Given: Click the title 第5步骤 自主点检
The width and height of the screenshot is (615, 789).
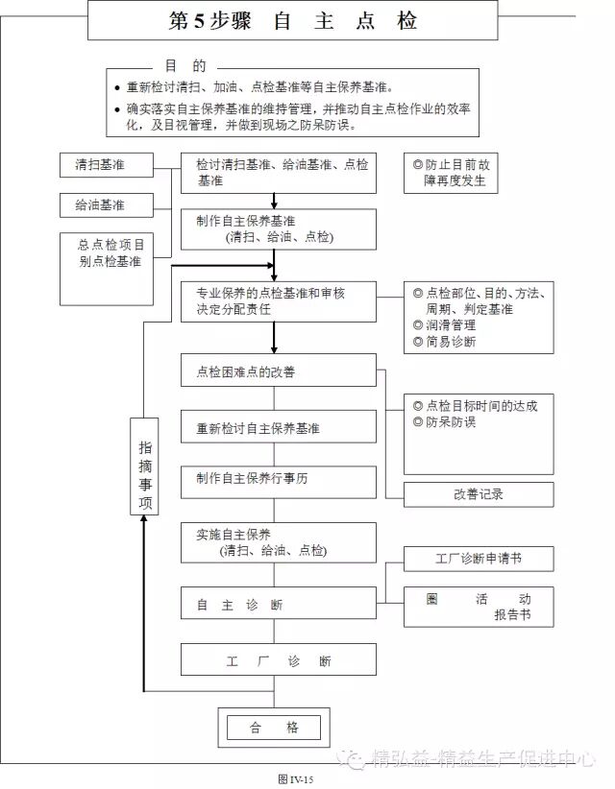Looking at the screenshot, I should tap(292, 21).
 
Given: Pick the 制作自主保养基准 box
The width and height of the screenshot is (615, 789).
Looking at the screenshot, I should tap(279, 228).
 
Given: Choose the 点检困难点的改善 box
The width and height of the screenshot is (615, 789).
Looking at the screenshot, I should tap(279, 371).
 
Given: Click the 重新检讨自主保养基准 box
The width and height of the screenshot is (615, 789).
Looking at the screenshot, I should tap(279, 428).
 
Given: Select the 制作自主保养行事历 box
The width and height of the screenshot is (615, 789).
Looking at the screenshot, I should tap(279, 482).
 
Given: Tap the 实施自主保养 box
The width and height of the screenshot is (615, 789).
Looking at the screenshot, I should tap(279, 542).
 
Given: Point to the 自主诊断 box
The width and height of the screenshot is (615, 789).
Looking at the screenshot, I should tap(279, 605).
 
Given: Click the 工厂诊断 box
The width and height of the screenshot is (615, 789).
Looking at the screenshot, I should tap(279, 661).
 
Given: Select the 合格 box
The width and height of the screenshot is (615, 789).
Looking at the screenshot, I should tap(274, 728).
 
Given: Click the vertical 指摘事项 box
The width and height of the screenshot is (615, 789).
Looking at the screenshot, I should tap(144, 466).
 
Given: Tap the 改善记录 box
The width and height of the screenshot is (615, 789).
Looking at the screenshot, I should tap(479, 494).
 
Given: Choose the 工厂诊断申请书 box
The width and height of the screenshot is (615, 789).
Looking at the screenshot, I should tap(479, 559).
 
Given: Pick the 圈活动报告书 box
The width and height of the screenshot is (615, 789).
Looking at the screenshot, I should tap(479, 607).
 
